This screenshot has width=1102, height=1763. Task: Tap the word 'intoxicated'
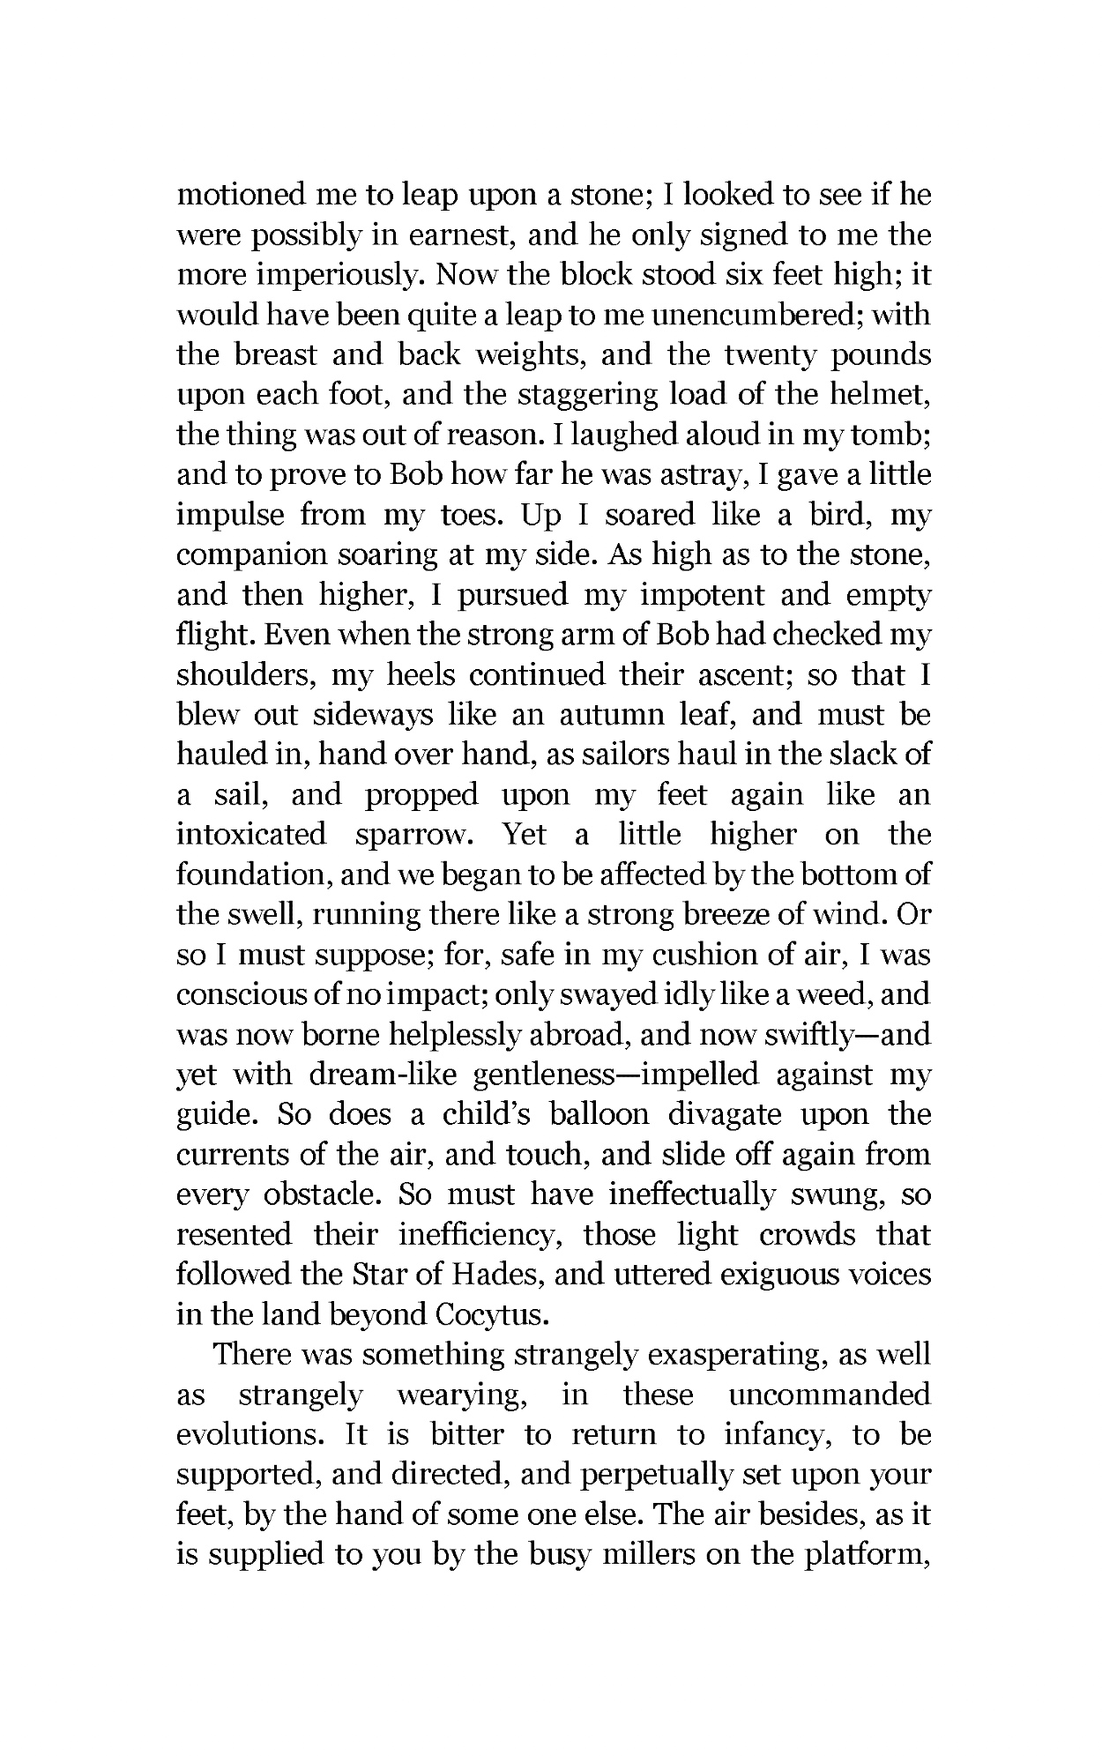(x=251, y=834)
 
